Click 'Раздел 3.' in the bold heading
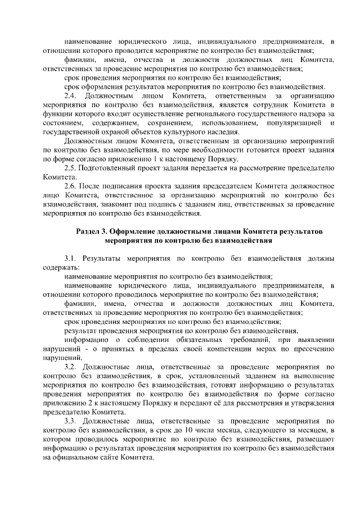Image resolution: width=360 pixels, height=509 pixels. pyautogui.click(x=92, y=232)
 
